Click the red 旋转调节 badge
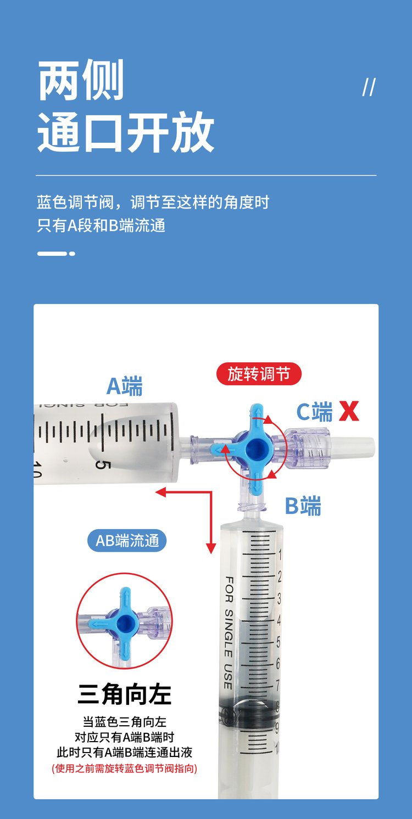tap(259, 374)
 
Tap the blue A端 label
tap(124, 386)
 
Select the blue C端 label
tap(314, 412)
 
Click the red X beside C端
tap(349, 411)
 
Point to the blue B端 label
tap(303, 506)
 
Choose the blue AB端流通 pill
tap(127, 540)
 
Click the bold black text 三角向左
tap(124, 694)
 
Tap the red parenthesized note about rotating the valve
tap(124, 768)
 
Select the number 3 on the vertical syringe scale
tap(279, 598)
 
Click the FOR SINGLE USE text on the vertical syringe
tap(229, 632)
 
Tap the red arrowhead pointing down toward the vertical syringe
tap(211, 548)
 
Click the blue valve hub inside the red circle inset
tap(125, 621)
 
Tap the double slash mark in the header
tap(369, 87)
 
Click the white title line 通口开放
tap(125, 132)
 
